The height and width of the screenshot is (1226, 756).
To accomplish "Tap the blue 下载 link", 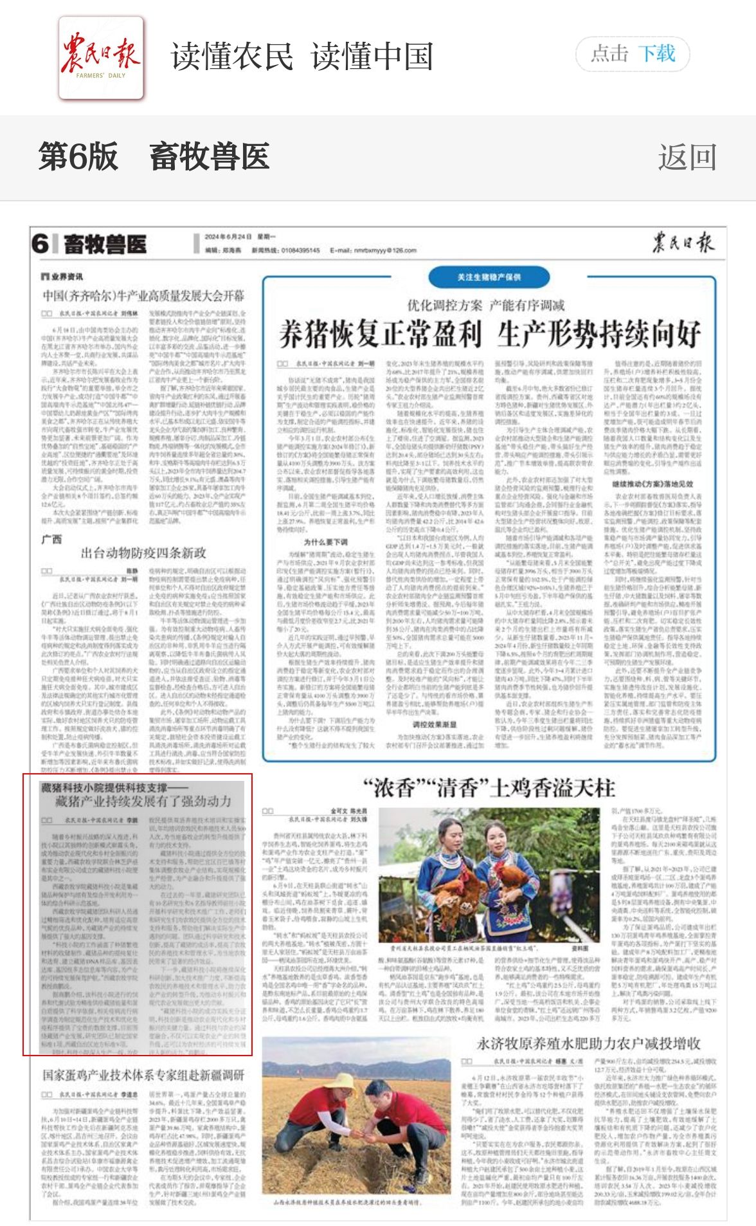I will pyautogui.click(x=656, y=54).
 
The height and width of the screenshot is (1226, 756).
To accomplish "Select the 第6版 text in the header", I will pyautogui.click(x=78, y=157).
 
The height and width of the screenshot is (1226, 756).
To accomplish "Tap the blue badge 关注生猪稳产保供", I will pyautogui.click(x=489, y=277).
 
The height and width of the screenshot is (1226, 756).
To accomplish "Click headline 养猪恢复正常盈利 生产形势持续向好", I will pyautogui.click(x=489, y=334).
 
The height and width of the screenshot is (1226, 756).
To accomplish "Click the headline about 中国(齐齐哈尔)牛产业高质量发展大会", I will pyautogui.click(x=143, y=296).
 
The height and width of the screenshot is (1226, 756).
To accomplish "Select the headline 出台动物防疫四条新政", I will pyautogui.click(x=143, y=553).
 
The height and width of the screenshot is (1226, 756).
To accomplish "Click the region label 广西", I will pyautogui.click(x=51, y=538).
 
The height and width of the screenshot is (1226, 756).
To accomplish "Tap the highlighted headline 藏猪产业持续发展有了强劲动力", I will pyautogui.click(x=143, y=801).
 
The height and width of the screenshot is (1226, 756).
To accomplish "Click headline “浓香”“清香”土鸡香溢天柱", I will pyautogui.click(x=489, y=788).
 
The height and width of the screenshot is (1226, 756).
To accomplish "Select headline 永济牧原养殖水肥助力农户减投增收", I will pyautogui.click(x=588, y=1043).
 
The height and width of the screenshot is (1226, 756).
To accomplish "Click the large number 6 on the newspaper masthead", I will pyautogui.click(x=40, y=244).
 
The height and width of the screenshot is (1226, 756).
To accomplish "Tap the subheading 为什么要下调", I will pyautogui.click(x=326, y=542).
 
